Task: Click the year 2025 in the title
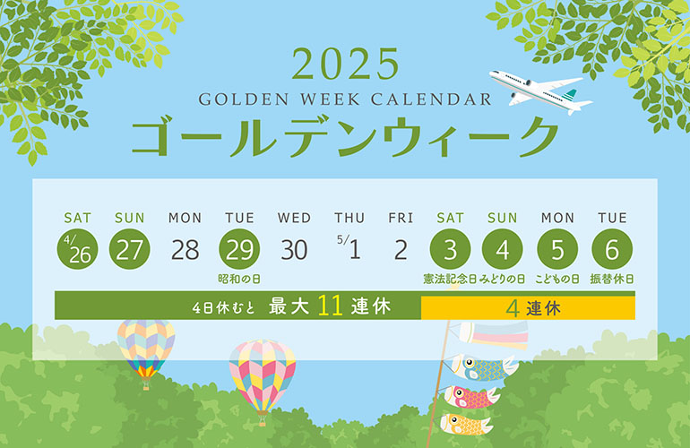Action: (345, 65)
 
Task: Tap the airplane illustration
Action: (540, 91)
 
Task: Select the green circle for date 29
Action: (239, 249)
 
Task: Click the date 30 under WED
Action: (294, 250)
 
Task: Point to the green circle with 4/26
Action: (77, 249)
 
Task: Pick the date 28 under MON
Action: (185, 250)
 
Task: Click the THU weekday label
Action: (349, 218)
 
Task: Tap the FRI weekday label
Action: (401, 218)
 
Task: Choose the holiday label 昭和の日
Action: (239, 279)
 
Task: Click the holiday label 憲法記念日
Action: (450, 279)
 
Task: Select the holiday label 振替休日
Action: (612, 279)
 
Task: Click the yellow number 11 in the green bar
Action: (330, 306)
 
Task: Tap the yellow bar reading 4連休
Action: (528, 307)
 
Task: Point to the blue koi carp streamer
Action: (482, 368)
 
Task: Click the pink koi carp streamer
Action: (471, 397)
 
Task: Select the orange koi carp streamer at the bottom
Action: (466, 425)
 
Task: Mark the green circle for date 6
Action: (612, 249)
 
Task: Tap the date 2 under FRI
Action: (401, 250)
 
